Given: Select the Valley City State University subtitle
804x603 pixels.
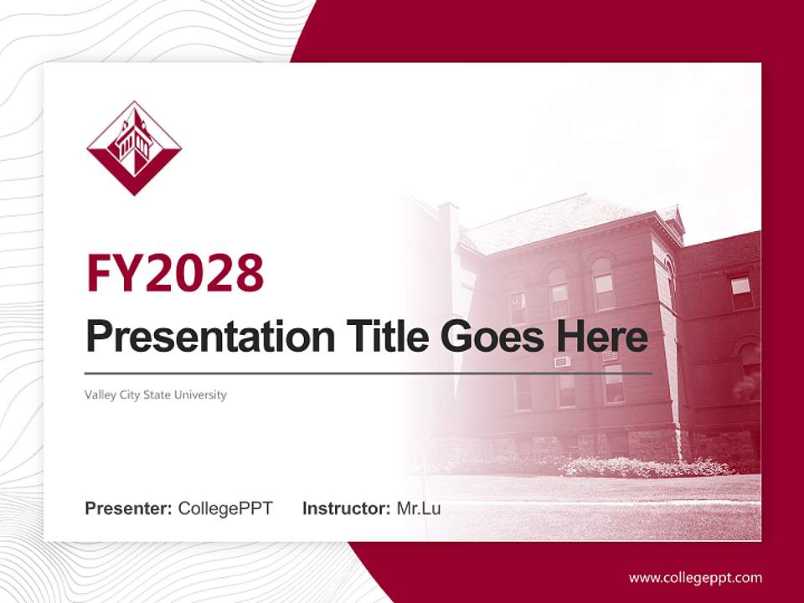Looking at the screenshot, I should [156, 394].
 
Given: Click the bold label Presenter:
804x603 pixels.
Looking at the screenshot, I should [129, 508].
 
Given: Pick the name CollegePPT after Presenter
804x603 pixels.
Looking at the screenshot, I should [225, 508].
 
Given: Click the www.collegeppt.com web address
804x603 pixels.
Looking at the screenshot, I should [695, 578].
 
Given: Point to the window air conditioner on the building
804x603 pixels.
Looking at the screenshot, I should [562, 362].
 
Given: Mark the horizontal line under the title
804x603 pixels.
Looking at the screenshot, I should [368, 373].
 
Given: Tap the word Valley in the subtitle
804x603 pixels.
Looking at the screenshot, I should [100, 394].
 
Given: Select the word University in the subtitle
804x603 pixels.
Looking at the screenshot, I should [200, 394].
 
